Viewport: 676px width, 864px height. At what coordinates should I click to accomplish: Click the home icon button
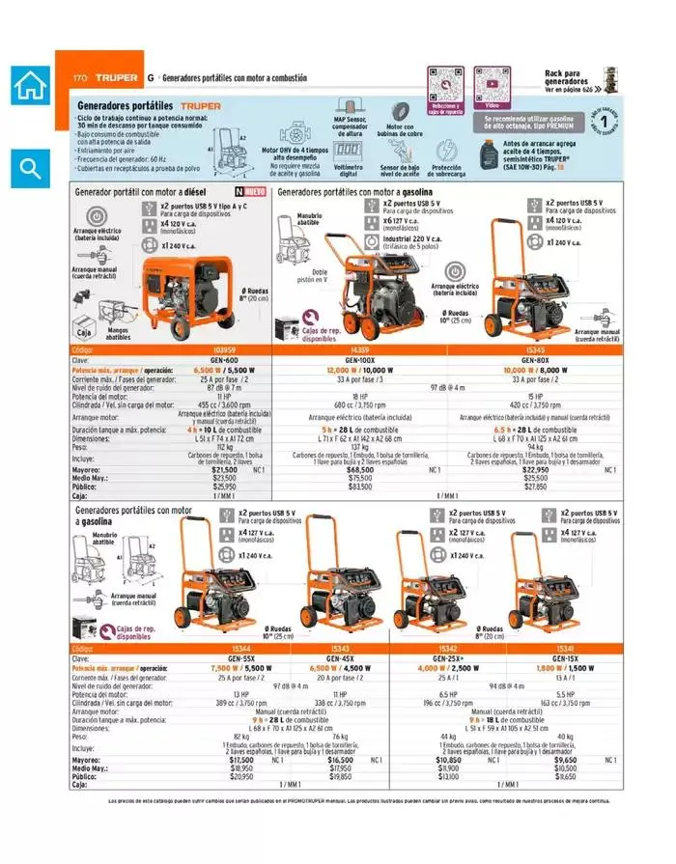click(x=30, y=86)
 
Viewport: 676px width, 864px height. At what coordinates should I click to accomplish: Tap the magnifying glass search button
click(x=30, y=168)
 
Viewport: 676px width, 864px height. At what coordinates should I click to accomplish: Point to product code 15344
click(x=242, y=649)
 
